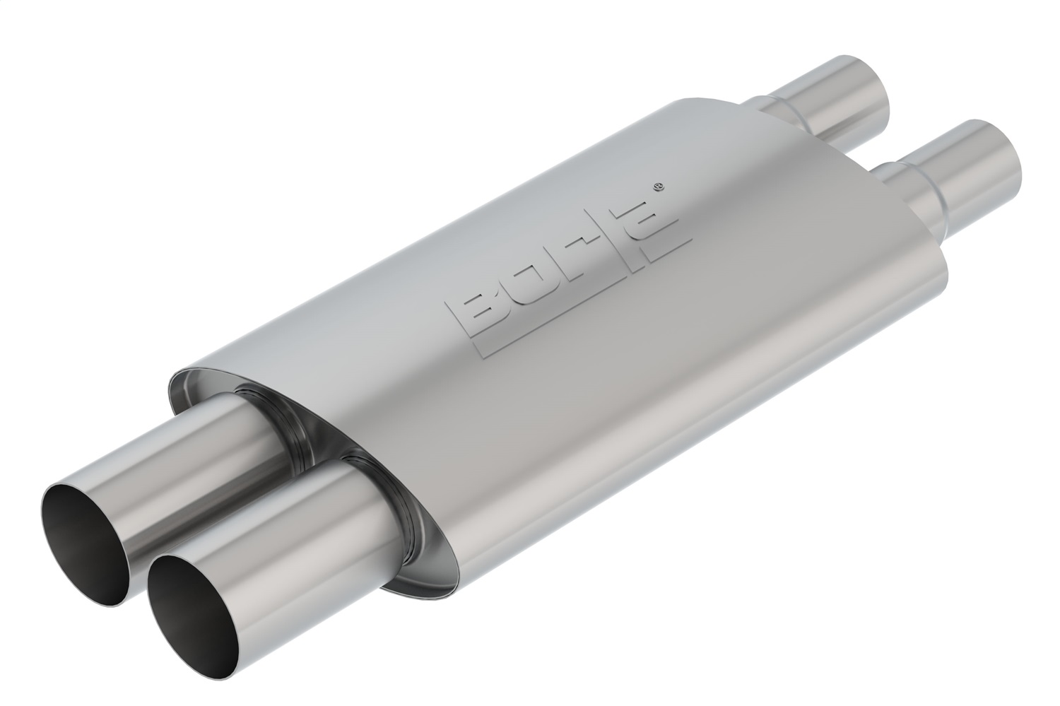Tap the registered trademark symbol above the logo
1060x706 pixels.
(658, 188)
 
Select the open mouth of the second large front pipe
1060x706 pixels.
(85, 537)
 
